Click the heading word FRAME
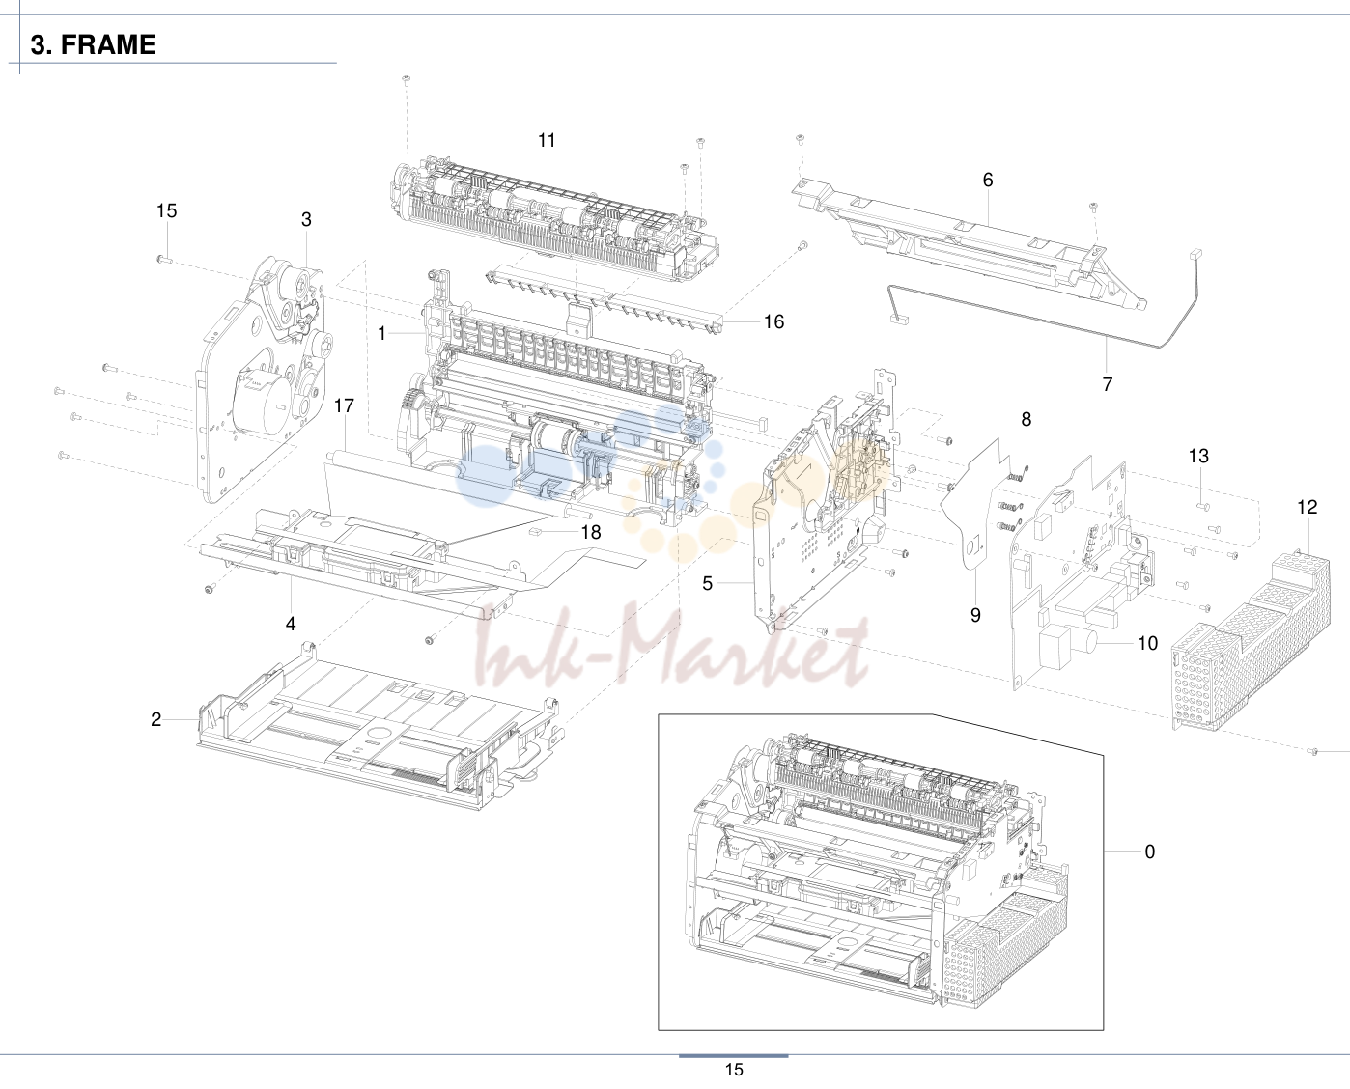(108, 44)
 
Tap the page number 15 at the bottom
(734, 1070)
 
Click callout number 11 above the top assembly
(547, 140)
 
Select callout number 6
(988, 180)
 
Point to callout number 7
(1108, 384)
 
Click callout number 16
(773, 321)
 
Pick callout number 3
(306, 219)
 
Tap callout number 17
(344, 405)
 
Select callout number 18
(591, 532)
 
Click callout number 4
(291, 624)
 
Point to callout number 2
(156, 719)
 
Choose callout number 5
(707, 583)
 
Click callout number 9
(975, 615)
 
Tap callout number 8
(1027, 419)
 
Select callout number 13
(1198, 456)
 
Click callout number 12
(1308, 507)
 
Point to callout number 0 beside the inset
(1149, 852)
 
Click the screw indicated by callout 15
(162, 258)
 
